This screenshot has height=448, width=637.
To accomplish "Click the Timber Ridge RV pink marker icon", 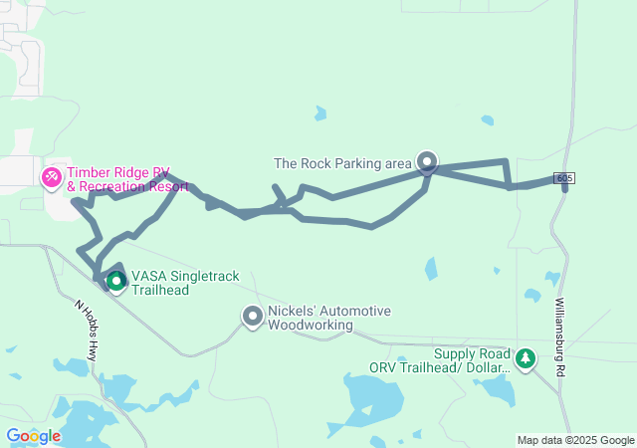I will click(51, 178).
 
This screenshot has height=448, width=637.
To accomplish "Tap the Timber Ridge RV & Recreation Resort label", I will click(127, 179).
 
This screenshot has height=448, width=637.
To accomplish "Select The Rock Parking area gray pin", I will click(427, 161).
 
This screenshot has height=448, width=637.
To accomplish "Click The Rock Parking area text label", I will click(341, 163).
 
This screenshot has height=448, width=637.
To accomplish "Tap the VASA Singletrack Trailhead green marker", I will click(115, 282).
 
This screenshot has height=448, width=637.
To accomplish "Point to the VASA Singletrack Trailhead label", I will click(189, 282).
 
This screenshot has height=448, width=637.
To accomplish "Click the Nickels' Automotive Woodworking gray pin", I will click(253, 317).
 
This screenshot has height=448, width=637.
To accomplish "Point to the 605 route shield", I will click(564, 178).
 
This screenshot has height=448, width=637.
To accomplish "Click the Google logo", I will click(33, 436).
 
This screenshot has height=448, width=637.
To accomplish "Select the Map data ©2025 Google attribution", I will click(575, 440).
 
